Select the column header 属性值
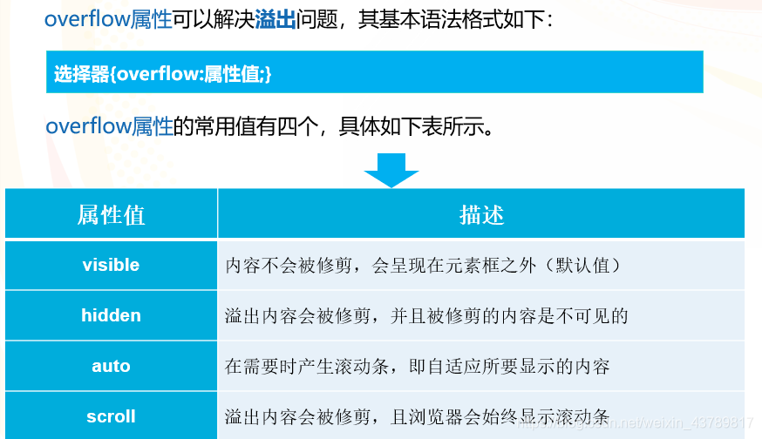point(111,214)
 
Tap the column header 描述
point(481,214)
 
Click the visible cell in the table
point(111,265)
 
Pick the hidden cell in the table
point(111,315)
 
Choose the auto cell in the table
point(111,366)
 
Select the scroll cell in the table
point(111,416)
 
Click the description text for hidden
point(426,315)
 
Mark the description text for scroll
point(417,416)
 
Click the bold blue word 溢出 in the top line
point(276,20)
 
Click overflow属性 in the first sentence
point(108,20)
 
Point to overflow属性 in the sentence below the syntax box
point(108,127)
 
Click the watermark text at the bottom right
point(636,423)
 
